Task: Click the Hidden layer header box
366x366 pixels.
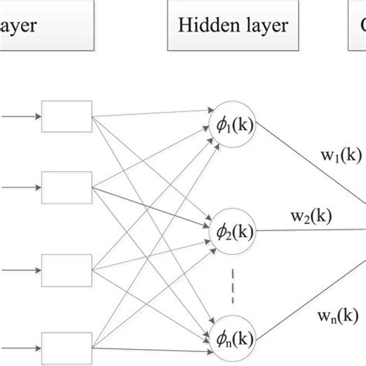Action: pos(232,26)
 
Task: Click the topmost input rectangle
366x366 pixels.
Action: pos(66,118)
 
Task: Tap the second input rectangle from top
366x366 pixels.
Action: pos(66,186)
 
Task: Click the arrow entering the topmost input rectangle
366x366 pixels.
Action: pos(19,118)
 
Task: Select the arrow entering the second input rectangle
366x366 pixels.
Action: pos(19,186)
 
